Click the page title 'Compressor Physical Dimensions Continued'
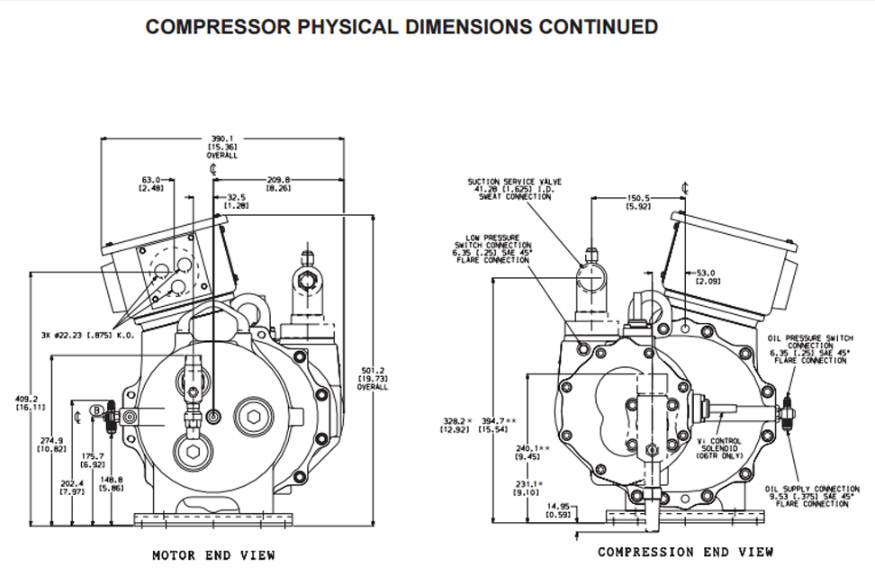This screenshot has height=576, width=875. (401, 26)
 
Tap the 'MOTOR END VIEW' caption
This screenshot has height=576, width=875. (213, 555)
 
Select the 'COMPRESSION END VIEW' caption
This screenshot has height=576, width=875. (686, 552)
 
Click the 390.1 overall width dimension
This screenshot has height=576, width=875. (221, 146)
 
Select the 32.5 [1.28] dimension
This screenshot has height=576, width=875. (237, 202)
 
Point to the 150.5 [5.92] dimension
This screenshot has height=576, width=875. (638, 203)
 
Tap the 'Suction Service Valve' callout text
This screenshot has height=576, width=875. (509, 188)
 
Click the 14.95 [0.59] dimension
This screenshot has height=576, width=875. (560, 510)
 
